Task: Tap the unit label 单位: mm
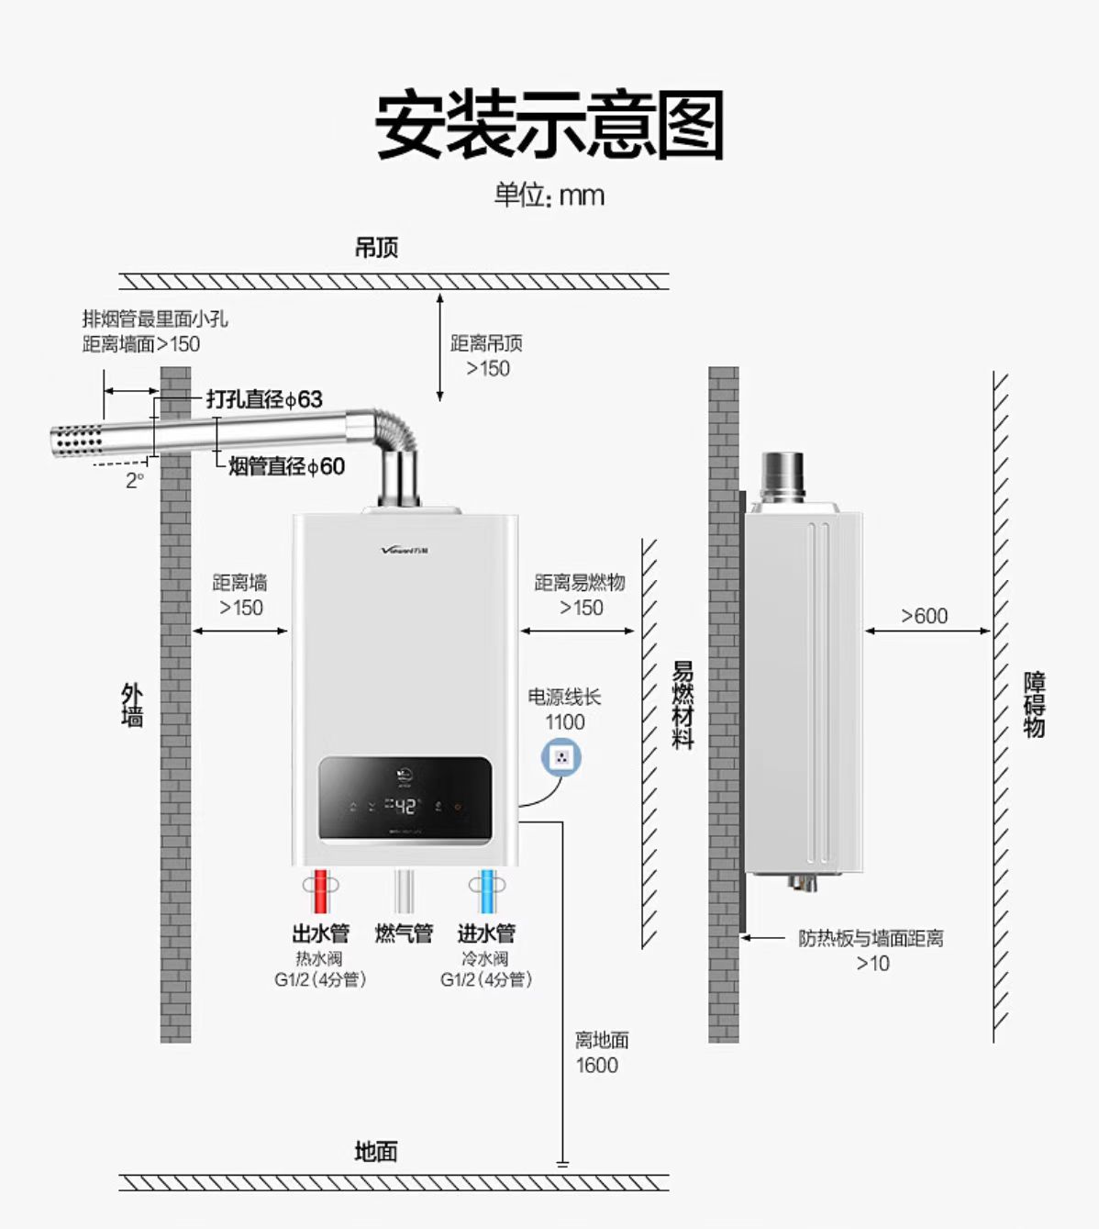(x=549, y=195)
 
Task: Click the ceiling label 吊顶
(x=376, y=248)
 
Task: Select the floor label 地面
(x=376, y=1151)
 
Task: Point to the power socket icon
(x=561, y=758)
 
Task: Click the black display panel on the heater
(x=405, y=798)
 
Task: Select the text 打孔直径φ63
(x=264, y=399)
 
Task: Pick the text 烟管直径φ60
(x=286, y=466)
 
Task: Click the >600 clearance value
(x=924, y=616)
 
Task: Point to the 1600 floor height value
(x=596, y=1065)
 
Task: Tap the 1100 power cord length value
(x=564, y=722)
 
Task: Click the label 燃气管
(x=404, y=933)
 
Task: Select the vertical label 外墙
(x=132, y=704)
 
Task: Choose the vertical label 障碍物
(x=1034, y=704)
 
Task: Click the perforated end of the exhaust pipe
(x=77, y=441)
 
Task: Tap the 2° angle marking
(x=135, y=480)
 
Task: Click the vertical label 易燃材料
(x=683, y=704)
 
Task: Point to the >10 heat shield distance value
(x=872, y=964)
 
